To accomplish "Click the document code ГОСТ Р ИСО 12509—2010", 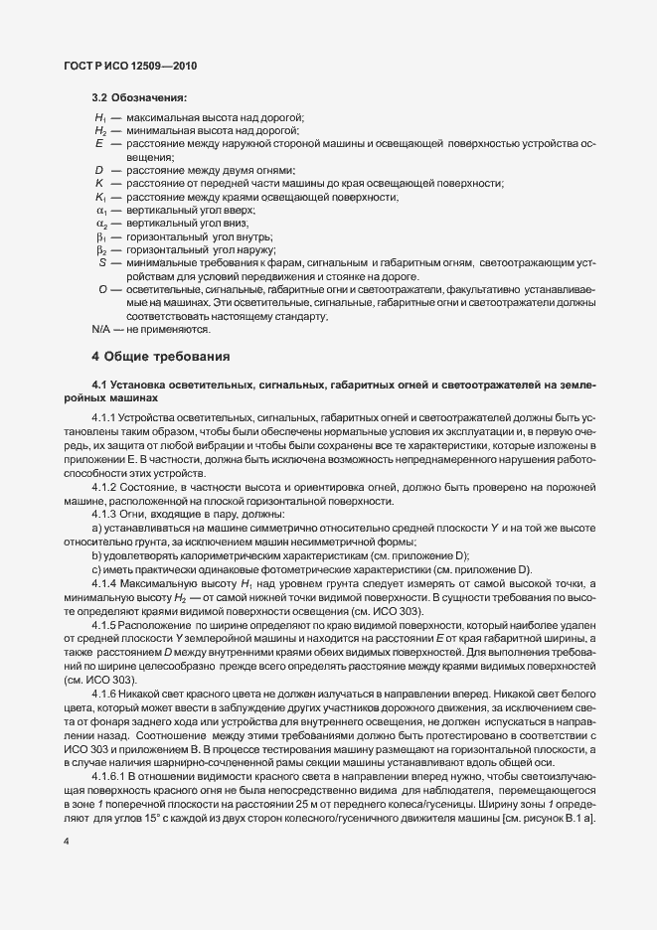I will [x=132, y=66].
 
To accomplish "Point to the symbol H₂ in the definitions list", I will [x=100, y=132].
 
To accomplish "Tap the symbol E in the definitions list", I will [x=100, y=145].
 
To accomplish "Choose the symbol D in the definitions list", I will [x=100, y=171].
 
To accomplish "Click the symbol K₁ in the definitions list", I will [x=100, y=198].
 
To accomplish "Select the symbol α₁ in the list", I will [x=100, y=211].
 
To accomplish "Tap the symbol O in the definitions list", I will [x=102, y=288].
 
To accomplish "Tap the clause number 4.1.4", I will [x=104, y=582].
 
